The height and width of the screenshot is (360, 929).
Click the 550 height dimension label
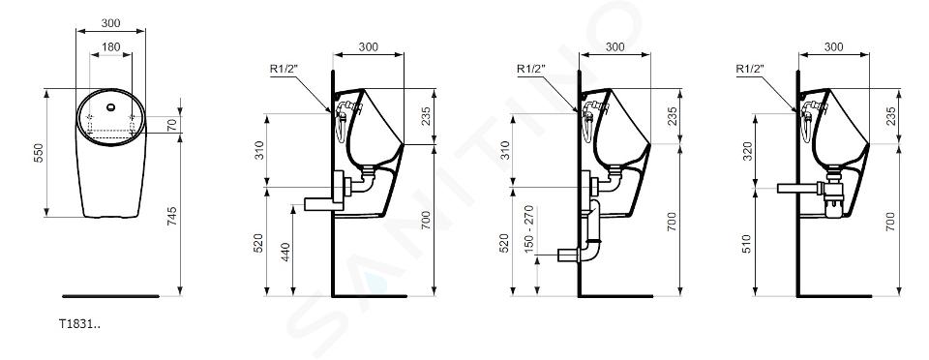pos(39,153)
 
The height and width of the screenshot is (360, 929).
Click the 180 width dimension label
pos(110,46)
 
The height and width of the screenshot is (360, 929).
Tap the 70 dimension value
pos(172,124)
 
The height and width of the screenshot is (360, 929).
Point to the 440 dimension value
pos(285,252)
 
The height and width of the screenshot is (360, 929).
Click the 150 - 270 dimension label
pos(529,229)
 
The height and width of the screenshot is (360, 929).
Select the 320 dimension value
pos(747,151)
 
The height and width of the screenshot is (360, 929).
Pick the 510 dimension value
pos(747,244)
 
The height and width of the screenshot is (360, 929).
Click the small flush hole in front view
pos(110,107)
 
